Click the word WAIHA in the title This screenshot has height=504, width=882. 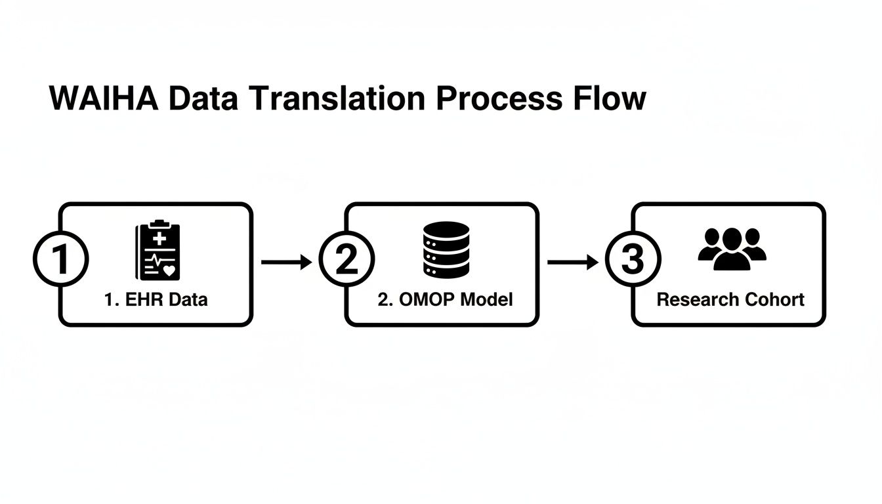pos(104,99)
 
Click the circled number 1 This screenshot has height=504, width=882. pos(60,261)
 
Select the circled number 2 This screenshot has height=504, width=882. pos(346,261)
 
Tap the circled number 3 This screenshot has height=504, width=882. pos(632,261)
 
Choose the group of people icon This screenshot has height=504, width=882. pos(732,249)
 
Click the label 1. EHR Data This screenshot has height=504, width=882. pos(156,300)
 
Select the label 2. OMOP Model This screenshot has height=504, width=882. pos(446,300)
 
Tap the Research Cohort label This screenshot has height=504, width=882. pos(730,300)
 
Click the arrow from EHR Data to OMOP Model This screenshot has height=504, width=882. pos(286,262)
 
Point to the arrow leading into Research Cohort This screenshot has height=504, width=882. pos(572,262)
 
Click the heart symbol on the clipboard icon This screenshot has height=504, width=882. pos(169,270)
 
